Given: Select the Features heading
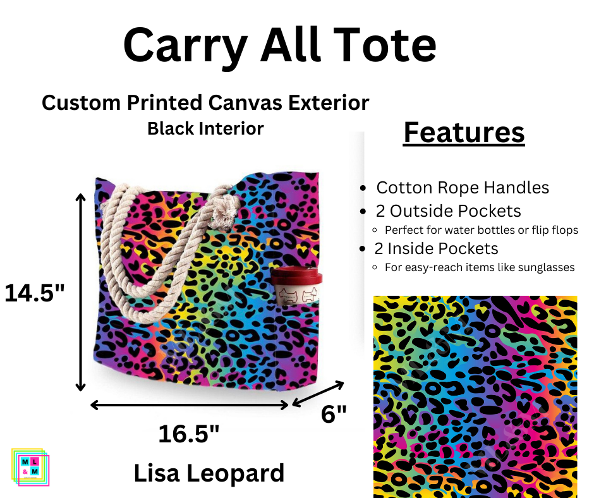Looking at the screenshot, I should tap(464, 133).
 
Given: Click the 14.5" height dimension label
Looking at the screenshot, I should tap(35, 293).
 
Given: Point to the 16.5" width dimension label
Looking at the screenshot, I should tap(189, 434).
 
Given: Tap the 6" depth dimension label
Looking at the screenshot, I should tap(334, 415).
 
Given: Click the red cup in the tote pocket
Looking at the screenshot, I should tap(296, 287).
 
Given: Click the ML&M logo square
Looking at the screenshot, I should tap(30, 466).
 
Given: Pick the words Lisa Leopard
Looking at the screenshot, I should tap(209, 473).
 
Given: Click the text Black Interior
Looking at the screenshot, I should tap(205, 129).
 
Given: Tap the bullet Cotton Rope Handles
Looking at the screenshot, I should tap(462, 188).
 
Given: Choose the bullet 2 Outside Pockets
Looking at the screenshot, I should tap(448, 211).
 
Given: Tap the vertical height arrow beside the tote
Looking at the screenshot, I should tap(80, 292).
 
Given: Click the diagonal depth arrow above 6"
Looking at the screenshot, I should tap(318, 394).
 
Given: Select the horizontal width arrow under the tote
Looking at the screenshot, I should tap(190, 404).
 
